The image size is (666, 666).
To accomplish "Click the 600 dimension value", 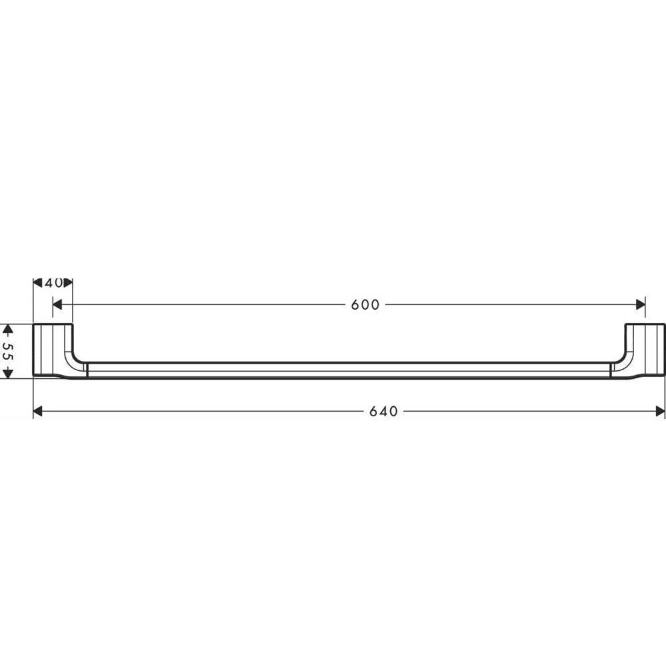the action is tap(365, 304).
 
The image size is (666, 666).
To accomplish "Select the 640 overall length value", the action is tap(384, 411).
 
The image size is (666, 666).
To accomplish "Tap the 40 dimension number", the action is tap(53, 283).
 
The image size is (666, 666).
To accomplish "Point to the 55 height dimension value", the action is tap(8, 351).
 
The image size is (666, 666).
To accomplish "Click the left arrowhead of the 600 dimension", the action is tap(57, 304).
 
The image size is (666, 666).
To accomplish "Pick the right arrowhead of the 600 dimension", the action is tap(640, 304).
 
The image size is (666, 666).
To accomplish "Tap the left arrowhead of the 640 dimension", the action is tap(38, 411).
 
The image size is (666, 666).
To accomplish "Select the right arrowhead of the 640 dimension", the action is tap(660, 411).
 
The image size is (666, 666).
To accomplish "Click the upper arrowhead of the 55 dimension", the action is tap(8, 329).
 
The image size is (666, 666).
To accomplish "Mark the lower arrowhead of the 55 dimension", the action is tap(8, 374).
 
